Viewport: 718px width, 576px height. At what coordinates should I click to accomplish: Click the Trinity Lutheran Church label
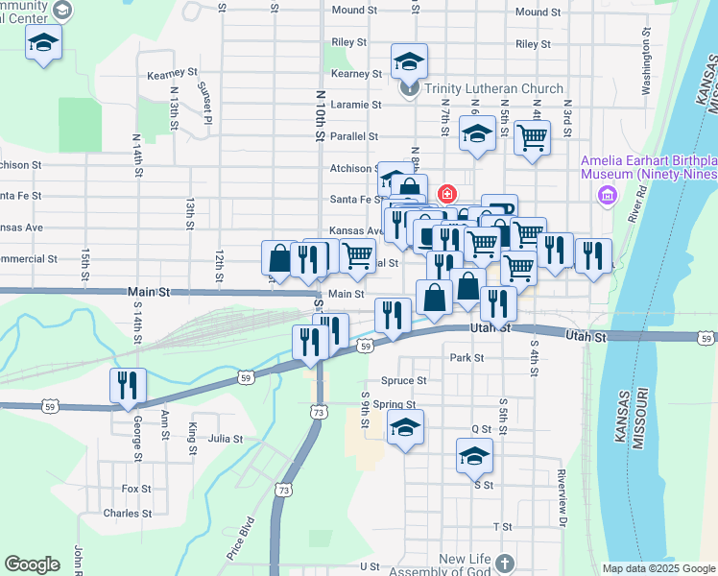(489, 89)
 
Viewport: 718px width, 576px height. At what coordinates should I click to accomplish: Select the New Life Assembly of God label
(466, 566)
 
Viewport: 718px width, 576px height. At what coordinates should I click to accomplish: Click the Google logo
(32, 564)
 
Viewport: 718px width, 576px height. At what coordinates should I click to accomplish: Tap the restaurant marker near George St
(128, 386)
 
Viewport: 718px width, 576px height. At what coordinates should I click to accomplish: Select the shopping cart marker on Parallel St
(531, 136)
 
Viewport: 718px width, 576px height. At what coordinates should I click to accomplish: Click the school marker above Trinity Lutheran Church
(409, 63)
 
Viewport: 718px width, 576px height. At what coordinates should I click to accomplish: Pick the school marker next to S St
(474, 456)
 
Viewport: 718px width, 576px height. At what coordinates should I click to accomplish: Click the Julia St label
(226, 439)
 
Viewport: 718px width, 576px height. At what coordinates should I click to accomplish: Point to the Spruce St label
(403, 380)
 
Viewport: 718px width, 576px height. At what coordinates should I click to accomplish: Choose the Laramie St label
(350, 105)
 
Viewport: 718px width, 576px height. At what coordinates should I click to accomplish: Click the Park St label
(466, 357)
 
